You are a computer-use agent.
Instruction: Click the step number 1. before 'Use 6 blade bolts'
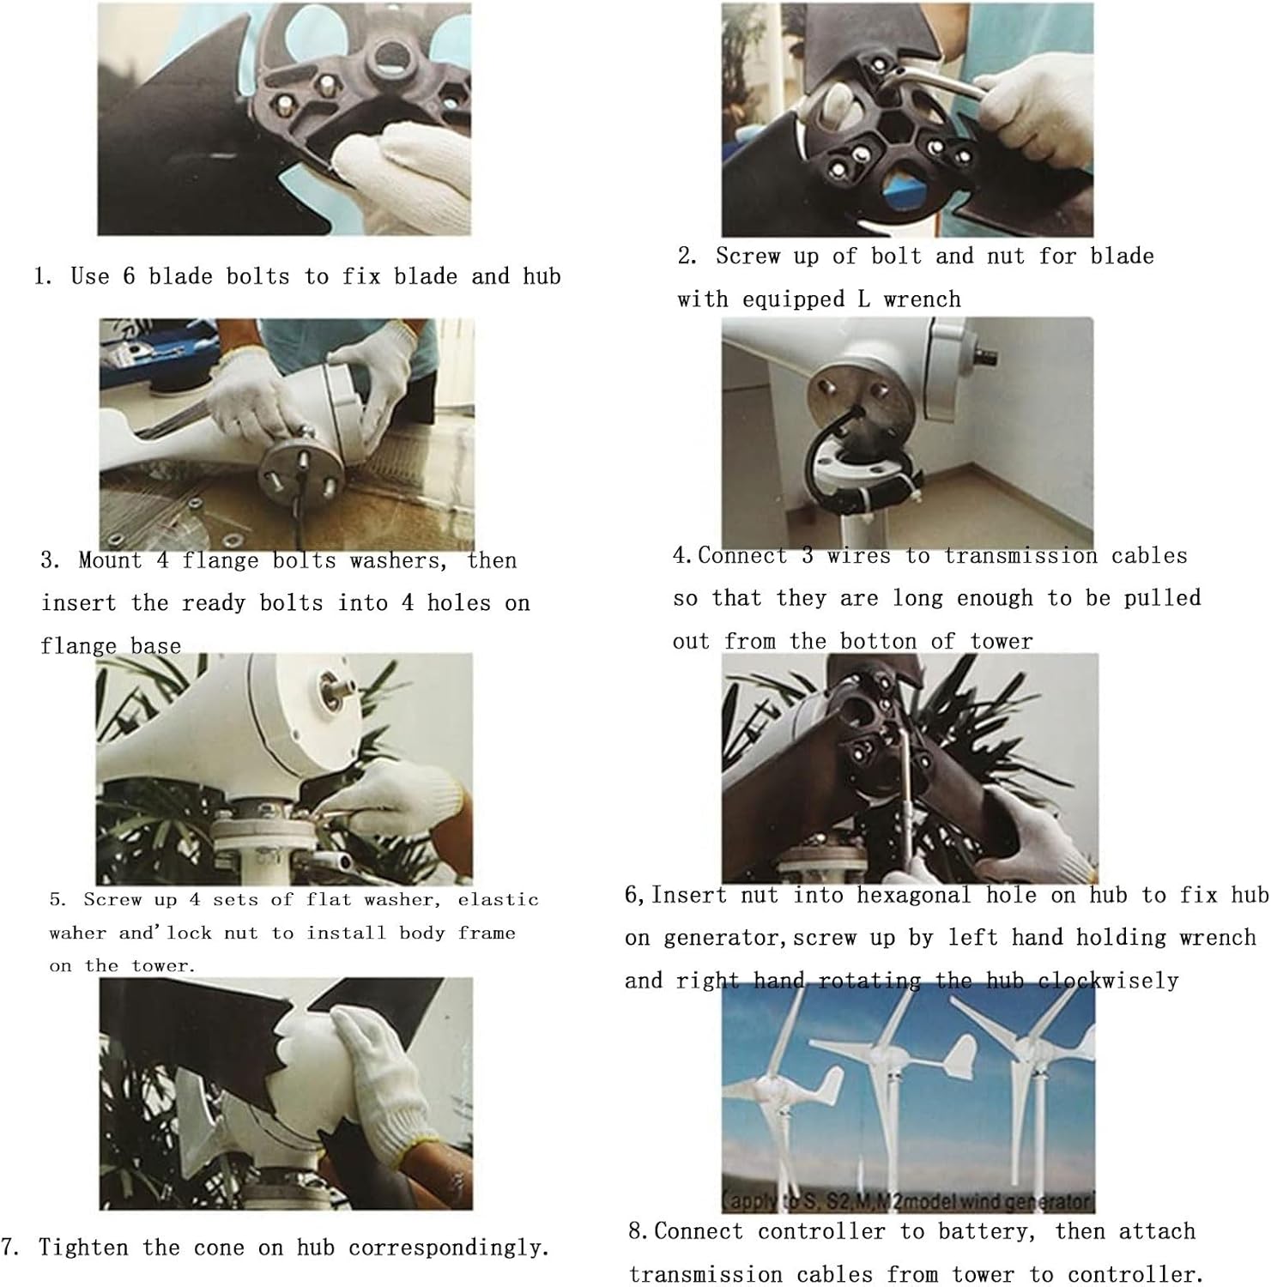point(43,276)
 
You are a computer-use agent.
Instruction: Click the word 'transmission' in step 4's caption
point(1020,556)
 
